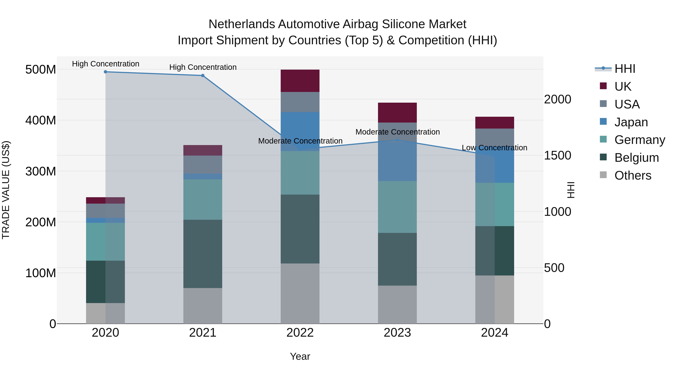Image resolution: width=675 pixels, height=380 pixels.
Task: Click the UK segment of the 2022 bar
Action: [300, 81]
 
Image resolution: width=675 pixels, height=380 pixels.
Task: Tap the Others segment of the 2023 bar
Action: [397, 305]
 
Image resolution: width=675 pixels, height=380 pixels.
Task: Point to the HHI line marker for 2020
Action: [105, 72]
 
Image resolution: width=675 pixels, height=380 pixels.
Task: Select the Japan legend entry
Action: [631, 122]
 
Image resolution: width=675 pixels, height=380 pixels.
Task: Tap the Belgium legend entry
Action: [636, 158]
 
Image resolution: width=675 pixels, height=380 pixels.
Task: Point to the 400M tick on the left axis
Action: [41, 120]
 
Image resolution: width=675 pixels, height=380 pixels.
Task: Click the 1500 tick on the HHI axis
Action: [557, 156]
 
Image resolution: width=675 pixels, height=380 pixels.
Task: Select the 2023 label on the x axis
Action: [397, 333]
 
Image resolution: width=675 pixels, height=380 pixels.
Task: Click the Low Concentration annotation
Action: [494, 148]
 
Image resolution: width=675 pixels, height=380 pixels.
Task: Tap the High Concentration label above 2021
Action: [203, 67]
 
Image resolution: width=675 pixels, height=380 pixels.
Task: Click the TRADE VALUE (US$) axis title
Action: [6, 190]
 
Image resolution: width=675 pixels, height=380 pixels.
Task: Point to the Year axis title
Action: [300, 356]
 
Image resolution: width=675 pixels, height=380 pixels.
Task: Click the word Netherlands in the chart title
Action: [242, 24]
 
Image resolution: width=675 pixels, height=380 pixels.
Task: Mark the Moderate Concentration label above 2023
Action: [397, 132]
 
